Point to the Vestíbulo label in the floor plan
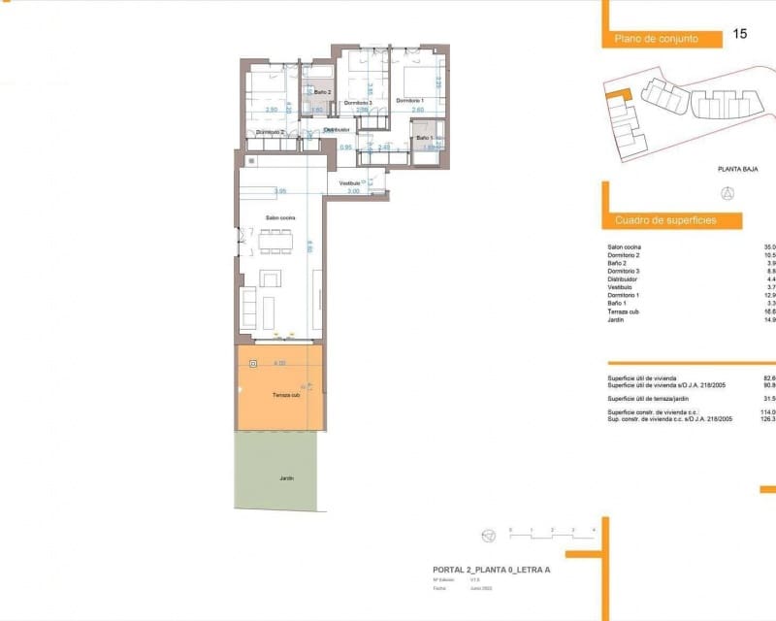click(350, 182)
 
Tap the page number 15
click(740, 34)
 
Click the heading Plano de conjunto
click(657, 39)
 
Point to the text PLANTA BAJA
click(737, 169)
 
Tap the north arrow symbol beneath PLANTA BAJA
click(727, 191)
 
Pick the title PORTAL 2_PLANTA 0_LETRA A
click(491, 570)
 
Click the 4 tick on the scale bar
click(593, 529)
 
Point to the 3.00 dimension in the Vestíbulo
click(353, 191)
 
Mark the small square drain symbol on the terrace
click(253, 364)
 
